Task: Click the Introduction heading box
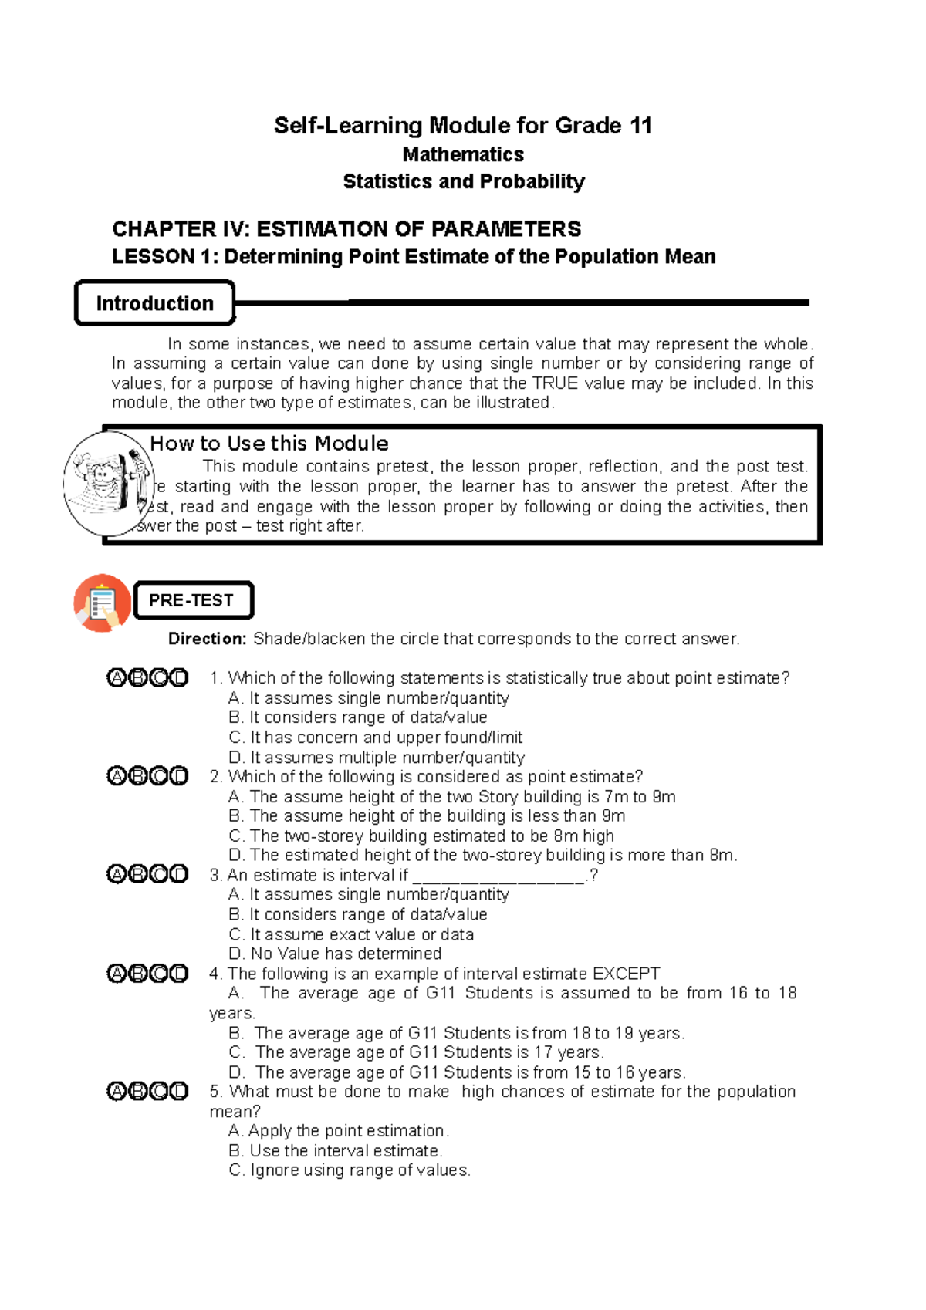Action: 154,303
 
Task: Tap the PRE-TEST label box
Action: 193,600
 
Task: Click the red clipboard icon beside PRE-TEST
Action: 101,603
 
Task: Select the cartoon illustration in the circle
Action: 108,484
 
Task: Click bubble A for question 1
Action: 117,678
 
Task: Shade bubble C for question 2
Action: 159,776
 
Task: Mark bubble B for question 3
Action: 137,874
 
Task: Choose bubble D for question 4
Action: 179,974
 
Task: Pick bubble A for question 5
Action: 117,1091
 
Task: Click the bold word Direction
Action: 207,639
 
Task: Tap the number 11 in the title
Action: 640,126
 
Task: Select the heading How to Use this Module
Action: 269,444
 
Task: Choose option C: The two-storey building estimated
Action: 421,836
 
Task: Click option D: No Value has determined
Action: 336,954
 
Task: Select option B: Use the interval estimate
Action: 336,1150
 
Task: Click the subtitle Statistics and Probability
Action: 464,181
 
